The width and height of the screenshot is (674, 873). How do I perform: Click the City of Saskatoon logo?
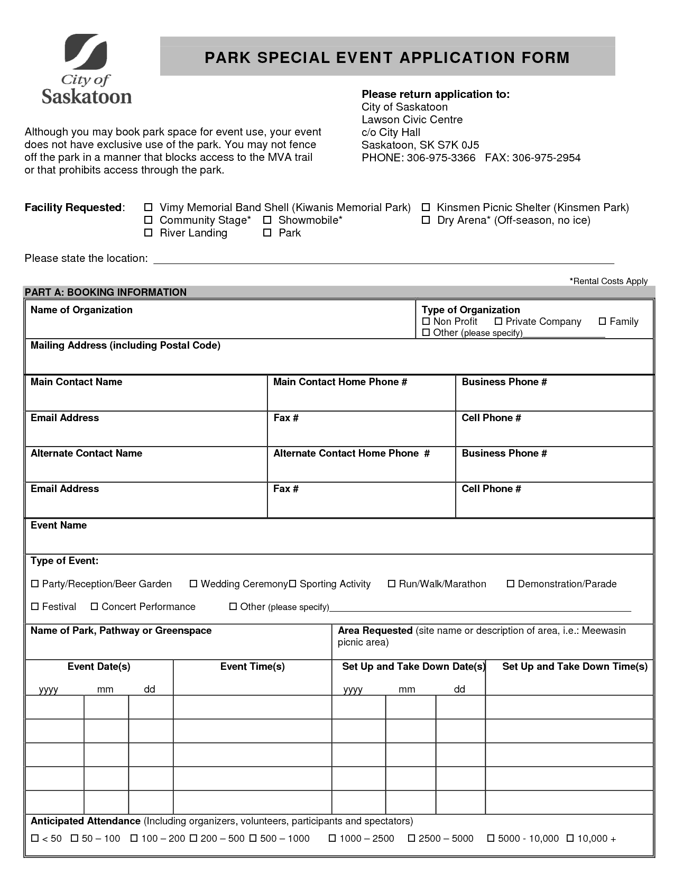pos(86,69)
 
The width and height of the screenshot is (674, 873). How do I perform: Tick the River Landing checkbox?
pos(149,233)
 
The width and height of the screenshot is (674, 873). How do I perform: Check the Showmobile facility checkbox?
pos(267,220)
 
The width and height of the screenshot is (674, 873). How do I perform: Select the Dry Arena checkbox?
pos(426,220)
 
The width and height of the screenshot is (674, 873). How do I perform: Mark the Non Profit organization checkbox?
pos(426,322)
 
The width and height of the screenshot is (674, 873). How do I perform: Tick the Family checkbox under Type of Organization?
pos(602,322)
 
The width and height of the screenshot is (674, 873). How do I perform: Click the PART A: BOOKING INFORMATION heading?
pos(106,292)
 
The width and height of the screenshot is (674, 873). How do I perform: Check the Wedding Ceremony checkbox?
pos(193,584)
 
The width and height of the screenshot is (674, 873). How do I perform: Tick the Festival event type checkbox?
pos(35,607)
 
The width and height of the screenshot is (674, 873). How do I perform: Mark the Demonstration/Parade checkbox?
pos(511,584)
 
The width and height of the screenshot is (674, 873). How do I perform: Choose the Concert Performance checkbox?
pos(95,607)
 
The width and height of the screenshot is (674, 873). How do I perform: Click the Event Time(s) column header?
pos(252,667)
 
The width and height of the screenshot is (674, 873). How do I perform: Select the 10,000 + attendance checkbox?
pos(570,839)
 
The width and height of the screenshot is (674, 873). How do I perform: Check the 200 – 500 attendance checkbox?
pos(193,839)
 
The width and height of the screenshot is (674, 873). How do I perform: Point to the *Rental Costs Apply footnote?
pos(608,281)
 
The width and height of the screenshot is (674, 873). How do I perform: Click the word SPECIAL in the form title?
pos(293,58)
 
